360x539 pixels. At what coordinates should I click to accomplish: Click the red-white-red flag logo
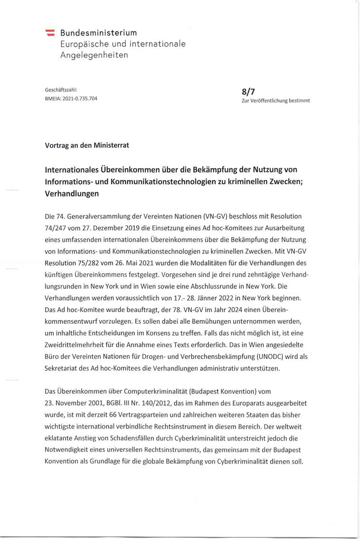coord(50,33)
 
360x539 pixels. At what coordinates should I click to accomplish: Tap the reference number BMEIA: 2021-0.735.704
coord(71,99)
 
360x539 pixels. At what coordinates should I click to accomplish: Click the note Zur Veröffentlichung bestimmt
coord(276,100)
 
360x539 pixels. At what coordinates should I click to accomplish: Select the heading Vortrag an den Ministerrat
coord(87,145)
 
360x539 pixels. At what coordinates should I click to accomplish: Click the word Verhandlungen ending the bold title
coord(71,194)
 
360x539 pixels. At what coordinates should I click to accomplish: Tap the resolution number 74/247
coord(56,228)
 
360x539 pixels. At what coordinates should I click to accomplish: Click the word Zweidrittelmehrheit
coord(79,344)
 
